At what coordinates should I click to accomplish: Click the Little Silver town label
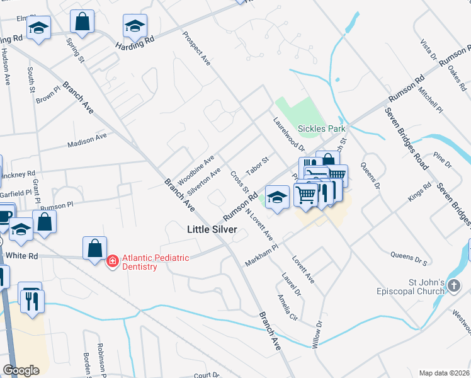pos(212,230)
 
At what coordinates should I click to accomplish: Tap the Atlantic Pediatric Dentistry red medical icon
pos(113,260)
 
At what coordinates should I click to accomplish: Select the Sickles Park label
pos(322,129)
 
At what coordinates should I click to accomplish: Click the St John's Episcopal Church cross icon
pos(454,287)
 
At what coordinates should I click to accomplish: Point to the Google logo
pos(21,370)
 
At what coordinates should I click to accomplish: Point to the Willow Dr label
pos(317,335)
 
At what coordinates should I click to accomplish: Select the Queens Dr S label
pos(409,258)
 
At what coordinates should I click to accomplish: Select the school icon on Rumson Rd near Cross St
pos(276,196)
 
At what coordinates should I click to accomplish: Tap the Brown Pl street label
pos(47,98)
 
